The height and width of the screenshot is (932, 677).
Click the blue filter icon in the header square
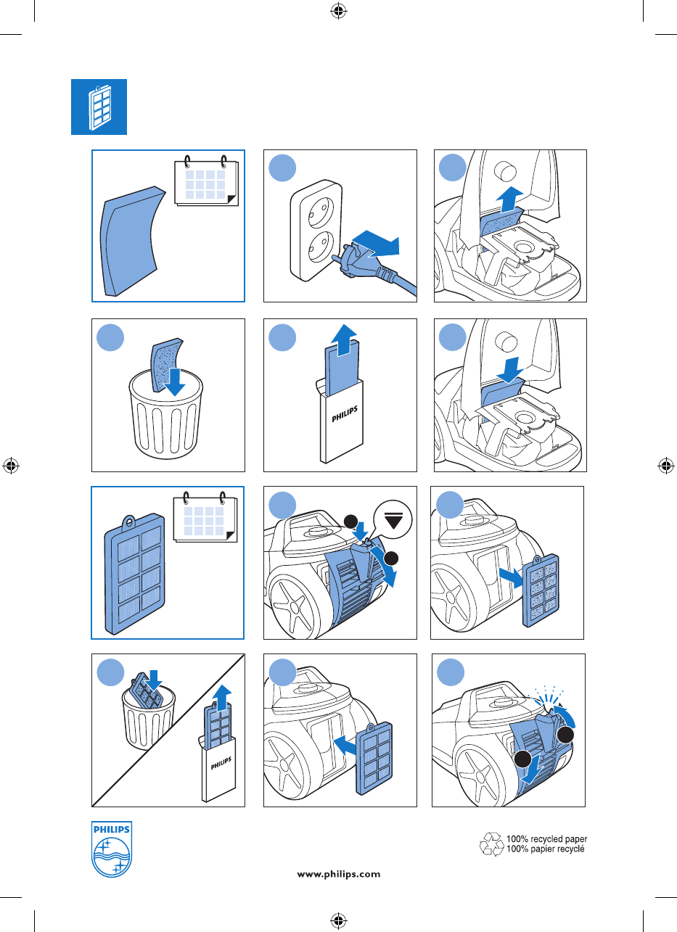point(99,107)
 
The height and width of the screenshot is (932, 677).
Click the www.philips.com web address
point(338,874)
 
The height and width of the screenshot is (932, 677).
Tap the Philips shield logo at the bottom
point(112,849)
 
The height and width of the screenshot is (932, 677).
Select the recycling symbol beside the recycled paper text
point(491,844)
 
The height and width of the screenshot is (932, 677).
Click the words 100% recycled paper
point(546,838)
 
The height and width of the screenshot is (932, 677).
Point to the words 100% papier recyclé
point(545,849)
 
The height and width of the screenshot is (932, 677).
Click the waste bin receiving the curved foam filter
point(166,416)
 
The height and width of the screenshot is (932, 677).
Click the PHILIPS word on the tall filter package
point(345,414)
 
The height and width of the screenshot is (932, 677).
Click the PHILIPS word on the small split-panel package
point(221,764)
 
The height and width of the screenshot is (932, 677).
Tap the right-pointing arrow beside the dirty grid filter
point(512,578)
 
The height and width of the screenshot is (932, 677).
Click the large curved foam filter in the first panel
point(130,242)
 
